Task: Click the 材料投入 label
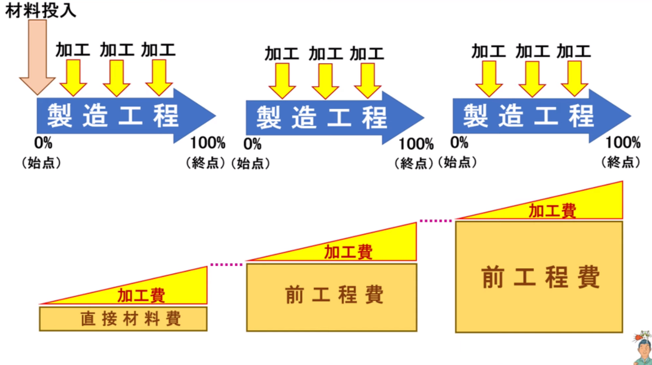click(x=41, y=10)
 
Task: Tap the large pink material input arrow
click(x=38, y=57)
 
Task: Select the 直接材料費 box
click(x=123, y=318)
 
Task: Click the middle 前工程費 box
click(x=332, y=297)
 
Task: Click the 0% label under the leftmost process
click(x=43, y=143)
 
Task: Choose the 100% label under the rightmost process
click(x=623, y=142)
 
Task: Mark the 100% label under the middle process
click(x=416, y=144)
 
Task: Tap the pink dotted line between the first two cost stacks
click(x=227, y=265)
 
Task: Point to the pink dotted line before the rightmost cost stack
click(x=436, y=221)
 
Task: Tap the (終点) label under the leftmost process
click(x=205, y=163)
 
